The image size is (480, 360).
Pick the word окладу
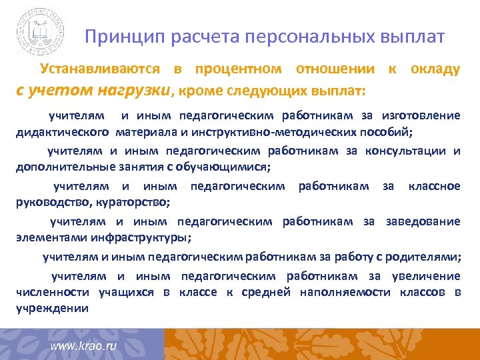(435, 69)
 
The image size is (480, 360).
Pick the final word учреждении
(52, 307)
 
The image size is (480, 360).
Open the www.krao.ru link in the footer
(84, 347)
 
